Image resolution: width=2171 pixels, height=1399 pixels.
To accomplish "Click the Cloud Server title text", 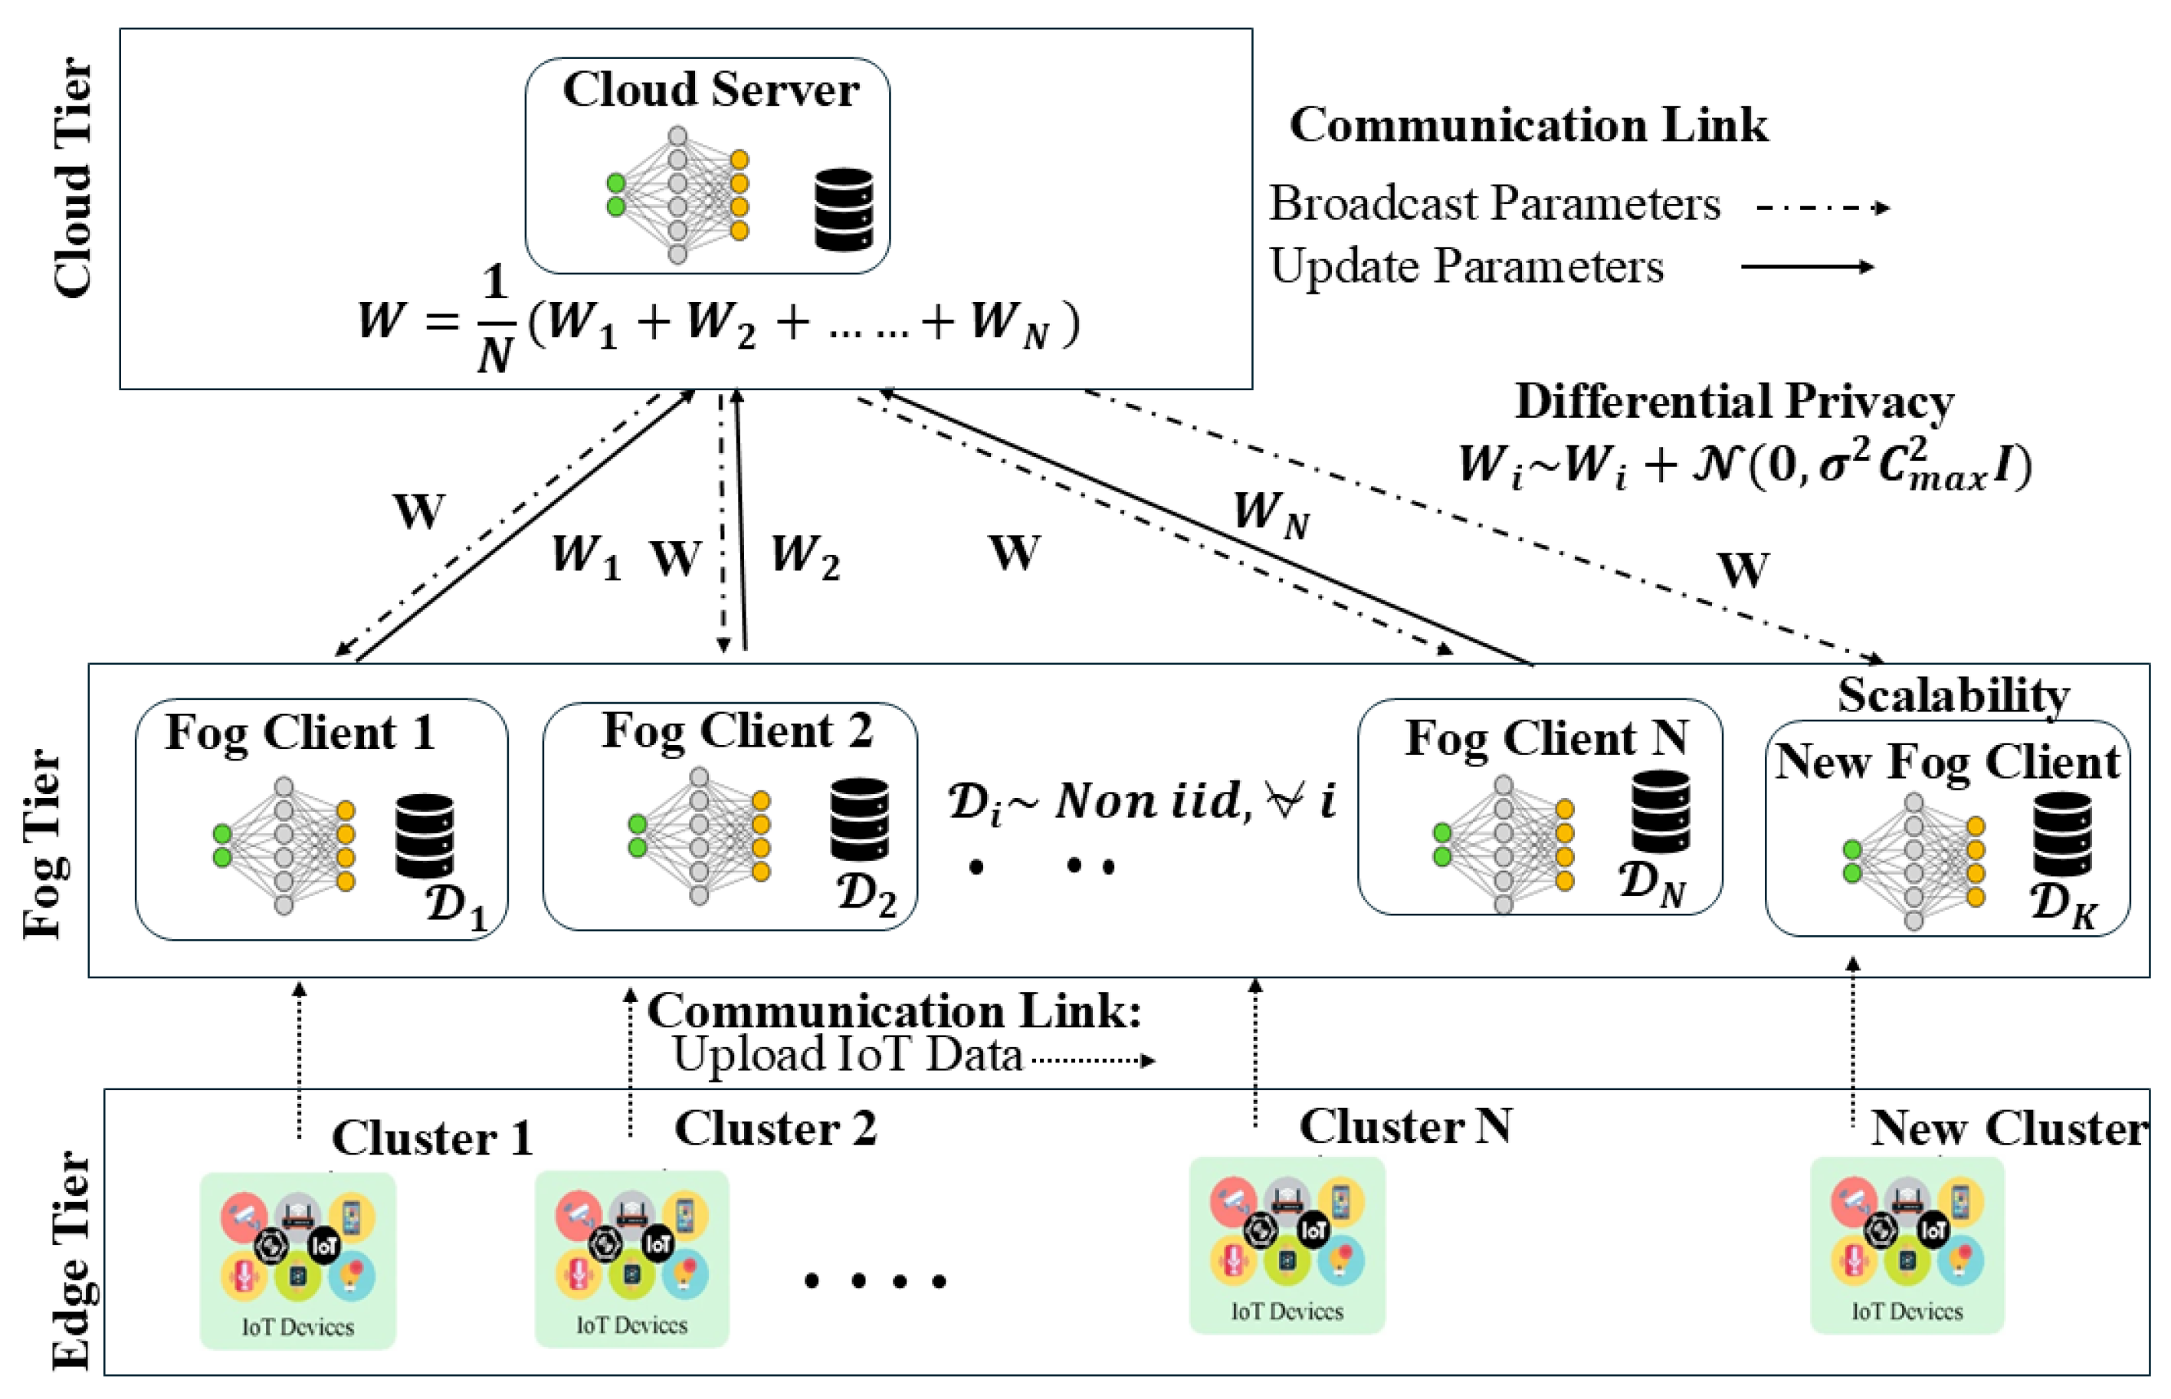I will [710, 90].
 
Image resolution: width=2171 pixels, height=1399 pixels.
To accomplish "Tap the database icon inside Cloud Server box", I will [843, 209].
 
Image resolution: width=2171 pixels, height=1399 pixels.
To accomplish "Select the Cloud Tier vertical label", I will [73, 178].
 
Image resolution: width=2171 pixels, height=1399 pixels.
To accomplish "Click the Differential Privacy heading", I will [1733, 402].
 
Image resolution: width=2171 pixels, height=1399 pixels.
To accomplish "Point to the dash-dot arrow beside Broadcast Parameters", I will [1822, 208].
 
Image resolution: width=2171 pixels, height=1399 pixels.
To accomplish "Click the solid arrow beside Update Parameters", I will [1807, 267].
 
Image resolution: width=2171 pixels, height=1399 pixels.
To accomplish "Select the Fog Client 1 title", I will [300, 733].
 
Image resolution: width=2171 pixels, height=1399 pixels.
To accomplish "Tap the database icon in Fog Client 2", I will [858, 819].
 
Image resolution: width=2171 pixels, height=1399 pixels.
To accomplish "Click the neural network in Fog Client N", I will [1503, 844].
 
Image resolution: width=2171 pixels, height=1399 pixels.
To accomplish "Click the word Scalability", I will [1953, 696].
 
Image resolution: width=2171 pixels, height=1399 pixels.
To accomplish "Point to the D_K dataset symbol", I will [2062, 905].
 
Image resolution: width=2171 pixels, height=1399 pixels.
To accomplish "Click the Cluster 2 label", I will [775, 1129].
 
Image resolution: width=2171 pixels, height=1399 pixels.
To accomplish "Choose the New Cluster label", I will [2009, 1129].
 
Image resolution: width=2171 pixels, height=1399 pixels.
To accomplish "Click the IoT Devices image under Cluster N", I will [1287, 1245].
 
